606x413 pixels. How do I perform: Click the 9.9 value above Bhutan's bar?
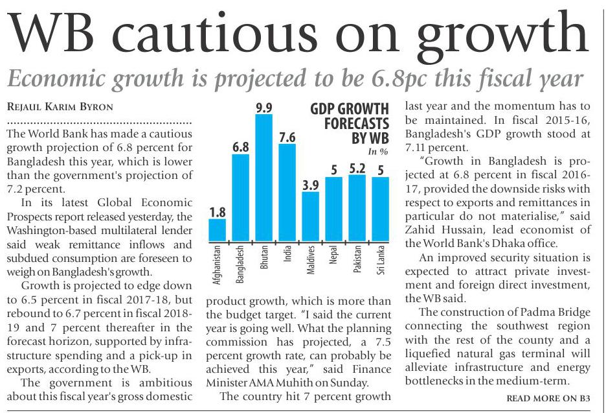[264, 108]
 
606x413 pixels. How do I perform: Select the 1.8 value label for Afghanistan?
[217, 211]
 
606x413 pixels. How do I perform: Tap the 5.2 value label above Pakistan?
[357, 168]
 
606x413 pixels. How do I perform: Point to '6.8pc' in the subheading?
[427, 79]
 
